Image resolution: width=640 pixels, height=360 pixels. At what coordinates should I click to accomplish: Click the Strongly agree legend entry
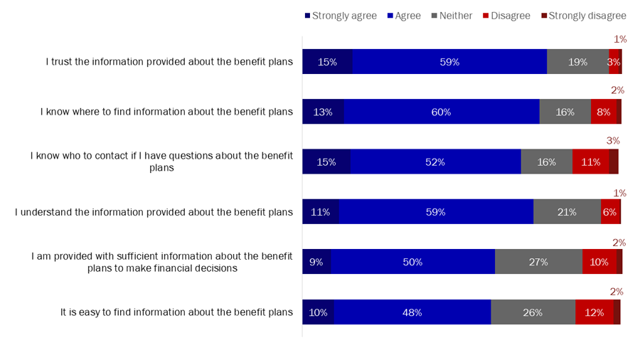[x=340, y=16]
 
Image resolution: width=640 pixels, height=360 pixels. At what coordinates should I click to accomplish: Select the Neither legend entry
[x=452, y=16]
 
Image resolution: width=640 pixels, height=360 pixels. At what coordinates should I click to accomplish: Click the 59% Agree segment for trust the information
[x=449, y=62]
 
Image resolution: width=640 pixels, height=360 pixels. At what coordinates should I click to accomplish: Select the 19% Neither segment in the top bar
[x=577, y=62]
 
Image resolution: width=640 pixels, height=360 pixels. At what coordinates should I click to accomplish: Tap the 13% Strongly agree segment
[x=323, y=112]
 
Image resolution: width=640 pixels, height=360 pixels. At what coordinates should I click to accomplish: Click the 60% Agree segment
[x=442, y=112]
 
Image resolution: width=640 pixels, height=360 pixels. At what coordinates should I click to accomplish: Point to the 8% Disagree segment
[x=603, y=112]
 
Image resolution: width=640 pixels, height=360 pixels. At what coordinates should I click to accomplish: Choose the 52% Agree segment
[x=435, y=162]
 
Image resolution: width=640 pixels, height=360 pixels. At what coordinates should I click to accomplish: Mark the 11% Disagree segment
[x=590, y=162]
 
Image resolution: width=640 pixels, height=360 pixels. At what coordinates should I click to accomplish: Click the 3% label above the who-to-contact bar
[x=613, y=141]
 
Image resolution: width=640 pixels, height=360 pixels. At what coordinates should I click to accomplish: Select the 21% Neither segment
[x=567, y=212]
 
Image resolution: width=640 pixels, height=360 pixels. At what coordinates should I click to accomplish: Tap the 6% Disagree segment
[x=609, y=212]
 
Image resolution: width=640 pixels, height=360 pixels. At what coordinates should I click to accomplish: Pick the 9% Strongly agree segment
[x=316, y=262]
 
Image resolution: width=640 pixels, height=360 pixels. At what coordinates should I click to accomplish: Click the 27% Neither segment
[x=538, y=262]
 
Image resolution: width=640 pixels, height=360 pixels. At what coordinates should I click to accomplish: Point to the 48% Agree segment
[x=412, y=312]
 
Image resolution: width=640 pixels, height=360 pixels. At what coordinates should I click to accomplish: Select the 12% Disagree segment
[x=594, y=312]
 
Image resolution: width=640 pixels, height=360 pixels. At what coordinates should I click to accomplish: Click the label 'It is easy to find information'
[x=176, y=312]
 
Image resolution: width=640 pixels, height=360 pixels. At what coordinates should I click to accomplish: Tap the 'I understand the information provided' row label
[x=154, y=212]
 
